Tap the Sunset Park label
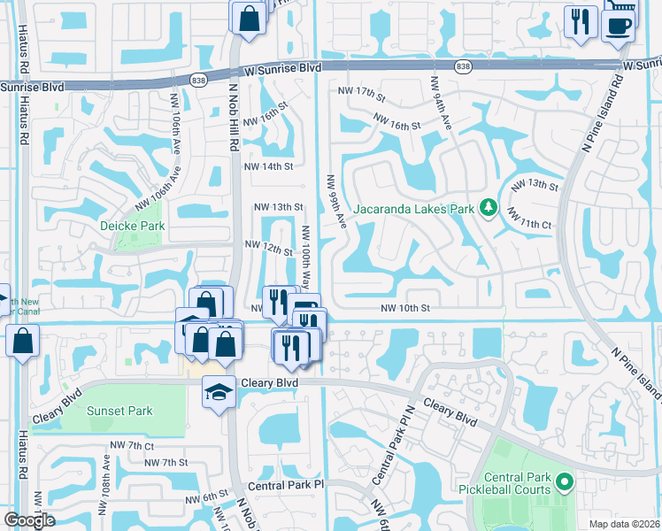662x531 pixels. click(119, 411)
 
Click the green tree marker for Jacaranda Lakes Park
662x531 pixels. click(487, 209)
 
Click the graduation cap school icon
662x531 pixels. click(217, 390)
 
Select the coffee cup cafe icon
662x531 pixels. click(617, 23)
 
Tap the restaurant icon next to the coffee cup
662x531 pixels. click(580, 20)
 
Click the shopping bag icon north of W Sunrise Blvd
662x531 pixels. click(249, 17)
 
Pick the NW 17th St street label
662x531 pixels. click(357, 93)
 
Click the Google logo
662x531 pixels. click(30, 520)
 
